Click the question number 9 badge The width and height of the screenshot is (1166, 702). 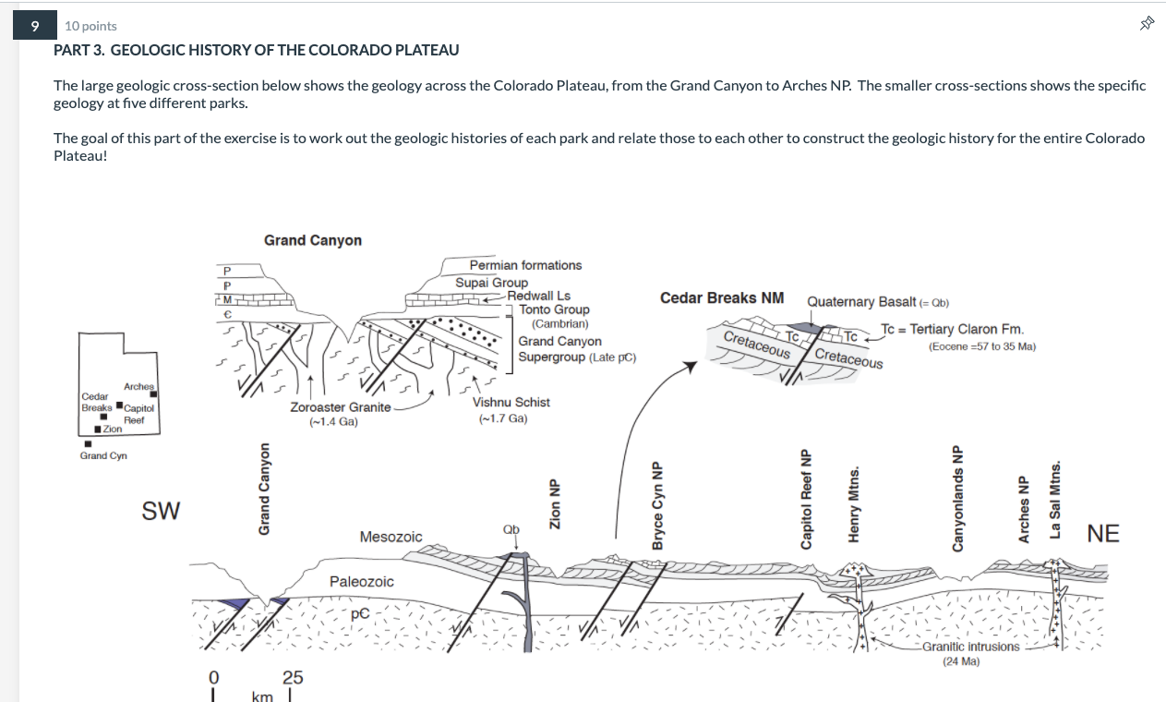pyautogui.click(x=34, y=26)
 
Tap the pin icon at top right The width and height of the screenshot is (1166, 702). pyautogui.click(x=1147, y=24)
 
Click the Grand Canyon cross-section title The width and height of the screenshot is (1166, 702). pyautogui.click(x=313, y=240)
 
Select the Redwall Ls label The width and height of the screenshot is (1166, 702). pyautogui.click(x=545, y=296)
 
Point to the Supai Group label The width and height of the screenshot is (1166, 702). pyautogui.click(x=491, y=283)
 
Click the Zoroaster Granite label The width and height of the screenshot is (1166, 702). pyautogui.click(x=340, y=407)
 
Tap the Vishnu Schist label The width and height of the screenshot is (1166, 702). pyautogui.click(x=511, y=403)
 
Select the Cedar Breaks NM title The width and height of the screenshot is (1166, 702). pyautogui.click(x=722, y=297)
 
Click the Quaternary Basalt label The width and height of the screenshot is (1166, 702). pyautogui.click(x=861, y=302)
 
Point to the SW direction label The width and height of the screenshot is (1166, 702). pyautogui.click(x=161, y=511)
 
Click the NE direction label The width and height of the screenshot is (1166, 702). pyautogui.click(x=1103, y=534)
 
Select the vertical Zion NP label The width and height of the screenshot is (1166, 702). pyautogui.click(x=555, y=504)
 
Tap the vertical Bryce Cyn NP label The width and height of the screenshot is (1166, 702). pyautogui.click(x=658, y=506)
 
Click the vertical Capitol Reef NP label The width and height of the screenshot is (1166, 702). pyautogui.click(x=806, y=499)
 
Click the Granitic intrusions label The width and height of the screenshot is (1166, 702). pyautogui.click(x=970, y=647)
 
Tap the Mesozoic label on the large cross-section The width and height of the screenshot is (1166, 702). pyautogui.click(x=391, y=537)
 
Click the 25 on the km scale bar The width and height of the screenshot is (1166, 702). pyautogui.click(x=292, y=678)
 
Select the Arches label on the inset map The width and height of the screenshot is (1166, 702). pyautogui.click(x=139, y=386)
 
